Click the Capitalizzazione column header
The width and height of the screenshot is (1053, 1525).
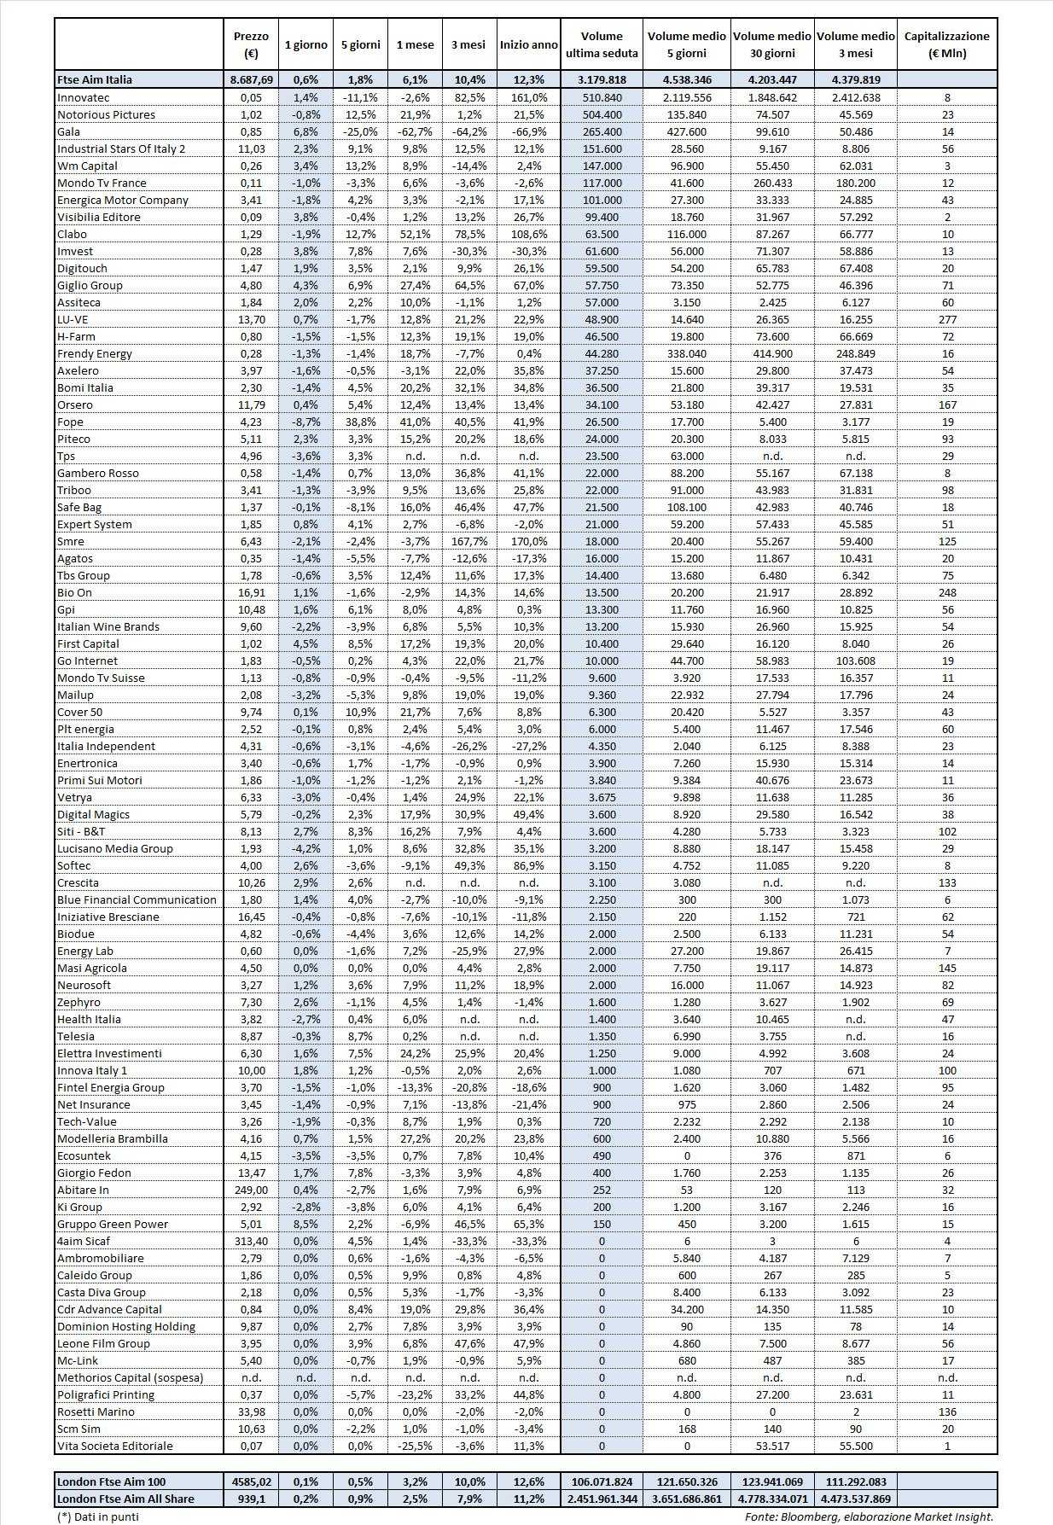coord(946,44)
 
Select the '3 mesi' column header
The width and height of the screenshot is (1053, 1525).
coord(468,44)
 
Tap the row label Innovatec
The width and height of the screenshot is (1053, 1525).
coord(84,97)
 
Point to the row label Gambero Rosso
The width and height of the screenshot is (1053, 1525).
coord(97,473)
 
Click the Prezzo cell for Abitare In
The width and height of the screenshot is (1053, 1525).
coord(251,1190)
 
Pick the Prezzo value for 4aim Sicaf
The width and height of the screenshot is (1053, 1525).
coord(251,1241)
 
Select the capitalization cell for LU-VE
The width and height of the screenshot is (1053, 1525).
coord(946,319)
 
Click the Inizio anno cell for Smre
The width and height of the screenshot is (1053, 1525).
coord(528,541)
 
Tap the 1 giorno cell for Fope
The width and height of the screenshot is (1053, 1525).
coord(305,422)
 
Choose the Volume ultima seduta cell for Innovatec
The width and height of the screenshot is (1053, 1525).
coord(601,97)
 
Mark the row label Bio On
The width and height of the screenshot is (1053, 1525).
coord(74,592)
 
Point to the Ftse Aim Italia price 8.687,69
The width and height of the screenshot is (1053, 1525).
coord(251,79)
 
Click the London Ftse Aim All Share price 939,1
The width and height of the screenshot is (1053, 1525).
coord(251,1498)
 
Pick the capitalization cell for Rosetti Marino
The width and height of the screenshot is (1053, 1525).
coord(946,1411)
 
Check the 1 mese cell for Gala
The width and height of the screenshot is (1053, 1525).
coord(414,131)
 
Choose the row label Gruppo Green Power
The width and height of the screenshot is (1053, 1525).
coord(113,1224)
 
